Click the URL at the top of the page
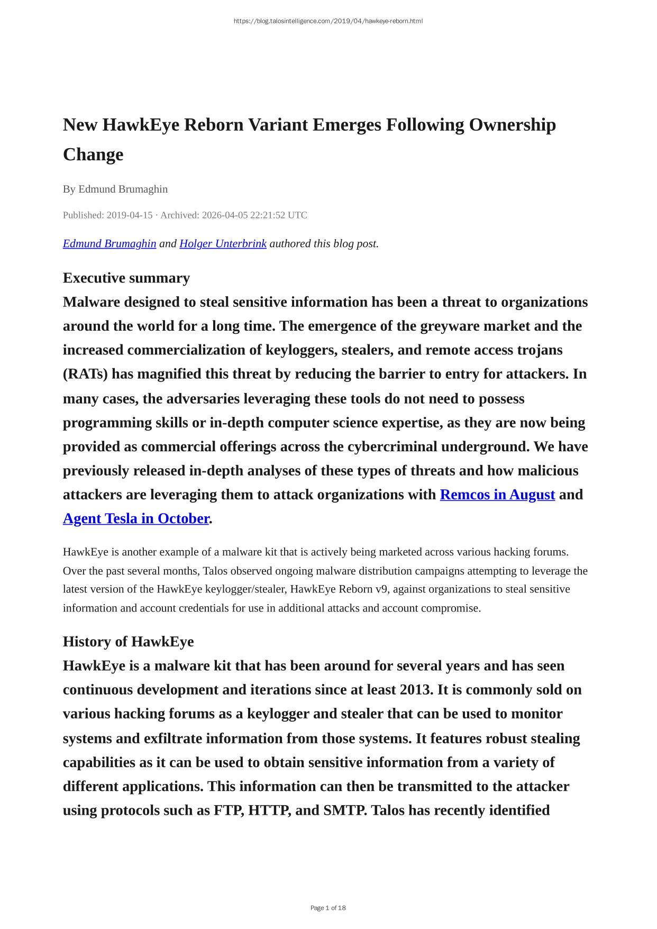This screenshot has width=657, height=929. coord(328,21)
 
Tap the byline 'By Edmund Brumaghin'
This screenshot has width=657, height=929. coord(115,189)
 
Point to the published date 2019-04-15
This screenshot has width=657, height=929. coord(130,215)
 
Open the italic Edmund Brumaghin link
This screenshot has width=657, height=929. coord(109,244)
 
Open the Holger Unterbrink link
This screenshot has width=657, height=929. coord(223,244)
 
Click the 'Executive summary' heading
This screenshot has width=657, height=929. coord(126,278)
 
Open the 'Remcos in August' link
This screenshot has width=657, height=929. coord(497,495)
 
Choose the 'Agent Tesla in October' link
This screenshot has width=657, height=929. coord(136,518)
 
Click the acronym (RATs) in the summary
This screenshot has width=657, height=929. coord(85,374)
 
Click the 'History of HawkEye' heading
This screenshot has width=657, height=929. coord(129,642)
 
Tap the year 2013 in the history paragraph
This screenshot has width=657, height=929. coord(418,690)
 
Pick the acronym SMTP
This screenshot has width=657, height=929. coord(344,810)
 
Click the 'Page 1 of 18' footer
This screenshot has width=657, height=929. coord(328,908)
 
